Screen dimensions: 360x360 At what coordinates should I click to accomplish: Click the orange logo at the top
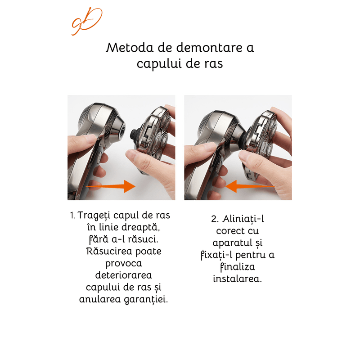click(x=86, y=21)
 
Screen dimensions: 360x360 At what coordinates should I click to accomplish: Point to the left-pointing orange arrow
click(x=250, y=185)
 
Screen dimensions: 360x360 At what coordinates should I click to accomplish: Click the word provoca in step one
click(x=123, y=263)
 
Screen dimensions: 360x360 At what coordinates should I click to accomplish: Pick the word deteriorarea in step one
click(x=124, y=274)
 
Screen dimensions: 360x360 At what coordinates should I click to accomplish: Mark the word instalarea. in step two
click(x=237, y=279)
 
